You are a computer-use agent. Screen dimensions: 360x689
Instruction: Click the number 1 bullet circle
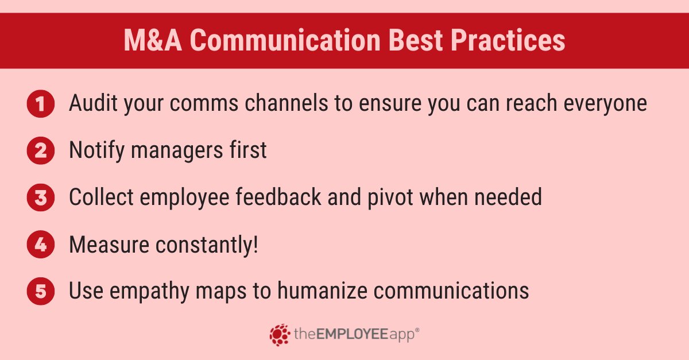coord(40,104)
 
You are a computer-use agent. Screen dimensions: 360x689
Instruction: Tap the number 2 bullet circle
coord(40,150)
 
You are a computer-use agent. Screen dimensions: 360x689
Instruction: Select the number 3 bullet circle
coord(40,198)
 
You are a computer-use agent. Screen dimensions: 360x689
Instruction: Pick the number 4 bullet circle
coord(40,245)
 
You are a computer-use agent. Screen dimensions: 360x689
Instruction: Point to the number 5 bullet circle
coord(40,291)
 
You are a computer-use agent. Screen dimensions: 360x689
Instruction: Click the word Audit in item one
coord(92,103)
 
